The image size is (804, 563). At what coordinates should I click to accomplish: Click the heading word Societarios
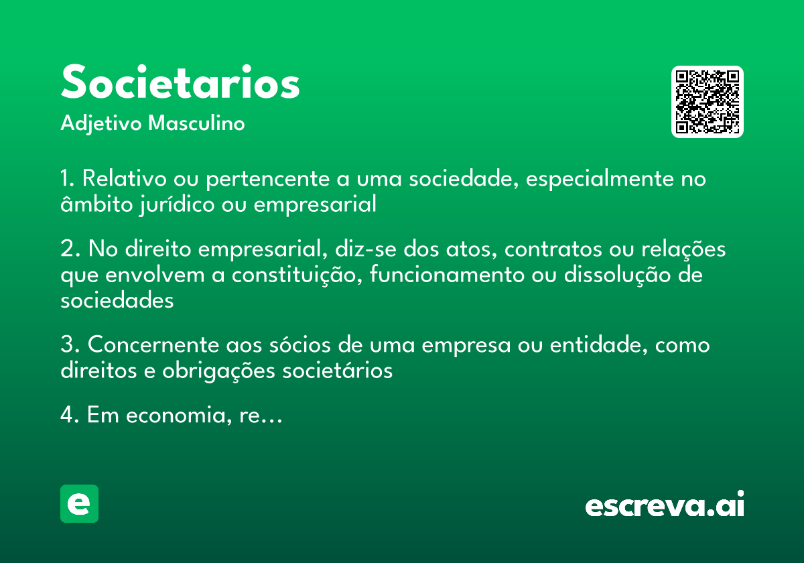click(180, 83)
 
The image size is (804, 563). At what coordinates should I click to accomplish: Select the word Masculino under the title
click(196, 124)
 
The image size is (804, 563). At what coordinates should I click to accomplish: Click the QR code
click(708, 102)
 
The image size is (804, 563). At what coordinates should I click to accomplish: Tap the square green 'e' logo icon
click(79, 503)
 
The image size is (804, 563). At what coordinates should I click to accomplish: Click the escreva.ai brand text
click(665, 505)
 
